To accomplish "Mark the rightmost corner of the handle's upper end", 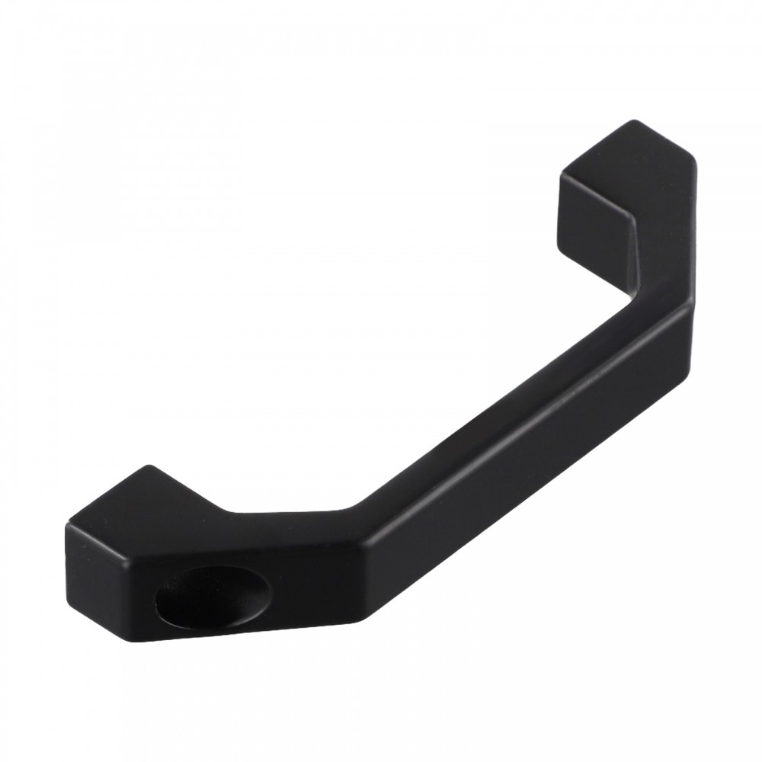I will [695, 162].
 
